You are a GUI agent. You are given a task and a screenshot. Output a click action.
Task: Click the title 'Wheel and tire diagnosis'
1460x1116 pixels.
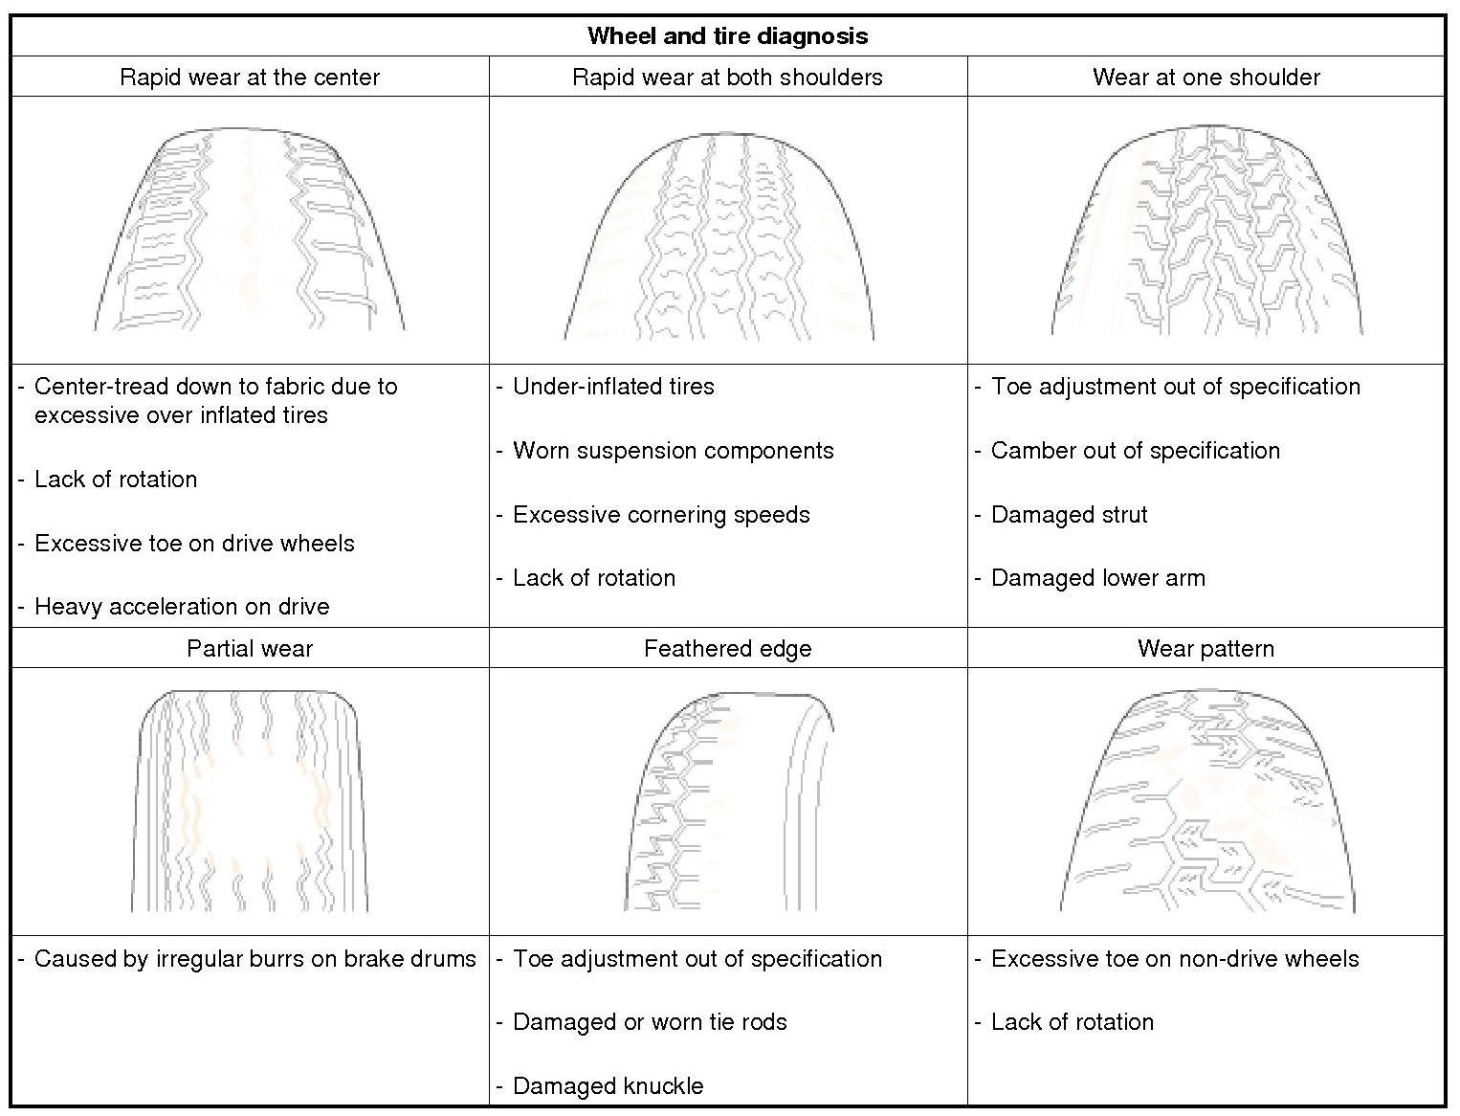click(x=727, y=36)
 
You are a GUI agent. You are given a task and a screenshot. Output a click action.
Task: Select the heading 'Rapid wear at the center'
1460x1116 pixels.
click(x=250, y=78)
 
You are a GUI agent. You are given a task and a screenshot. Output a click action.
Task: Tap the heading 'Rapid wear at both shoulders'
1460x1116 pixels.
click(x=727, y=78)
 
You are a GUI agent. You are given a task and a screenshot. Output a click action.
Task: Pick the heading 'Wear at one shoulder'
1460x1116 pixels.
click(x=1206, y=78)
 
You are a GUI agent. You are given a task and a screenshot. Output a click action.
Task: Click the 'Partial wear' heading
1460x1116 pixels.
click(x=250, y=649)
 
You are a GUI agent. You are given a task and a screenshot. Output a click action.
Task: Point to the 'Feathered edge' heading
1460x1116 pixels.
click(x=727, y=649)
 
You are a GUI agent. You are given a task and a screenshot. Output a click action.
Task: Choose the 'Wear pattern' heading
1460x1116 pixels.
click(x=1206, y=649)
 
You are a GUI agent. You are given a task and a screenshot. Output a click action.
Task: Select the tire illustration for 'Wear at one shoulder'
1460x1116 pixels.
click(x=1206, y=230)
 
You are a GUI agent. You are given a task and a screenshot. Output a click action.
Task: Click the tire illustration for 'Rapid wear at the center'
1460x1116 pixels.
click(x=250, y=230)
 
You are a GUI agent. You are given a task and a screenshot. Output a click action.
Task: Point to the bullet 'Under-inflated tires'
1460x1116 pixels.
click(x=613, y=387)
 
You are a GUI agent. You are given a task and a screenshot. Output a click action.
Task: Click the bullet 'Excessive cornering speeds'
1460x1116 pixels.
click(x=661, y=515)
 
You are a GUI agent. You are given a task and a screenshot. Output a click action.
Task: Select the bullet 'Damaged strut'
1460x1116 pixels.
click(x=1069, y=515)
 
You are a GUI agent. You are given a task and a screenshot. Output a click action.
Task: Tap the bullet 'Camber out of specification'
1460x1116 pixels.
click(x=1135, y=451)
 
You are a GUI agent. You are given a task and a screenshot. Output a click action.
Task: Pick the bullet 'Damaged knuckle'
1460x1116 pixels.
click(x=608, y=1086)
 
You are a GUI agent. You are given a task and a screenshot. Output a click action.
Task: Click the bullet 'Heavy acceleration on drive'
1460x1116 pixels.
click(x=182, y=607)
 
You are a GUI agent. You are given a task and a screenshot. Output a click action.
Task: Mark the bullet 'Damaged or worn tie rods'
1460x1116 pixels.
click(x=650, y=1022)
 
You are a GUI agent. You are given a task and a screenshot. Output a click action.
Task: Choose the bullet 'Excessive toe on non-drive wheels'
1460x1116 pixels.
click(x=1174, y=959)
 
